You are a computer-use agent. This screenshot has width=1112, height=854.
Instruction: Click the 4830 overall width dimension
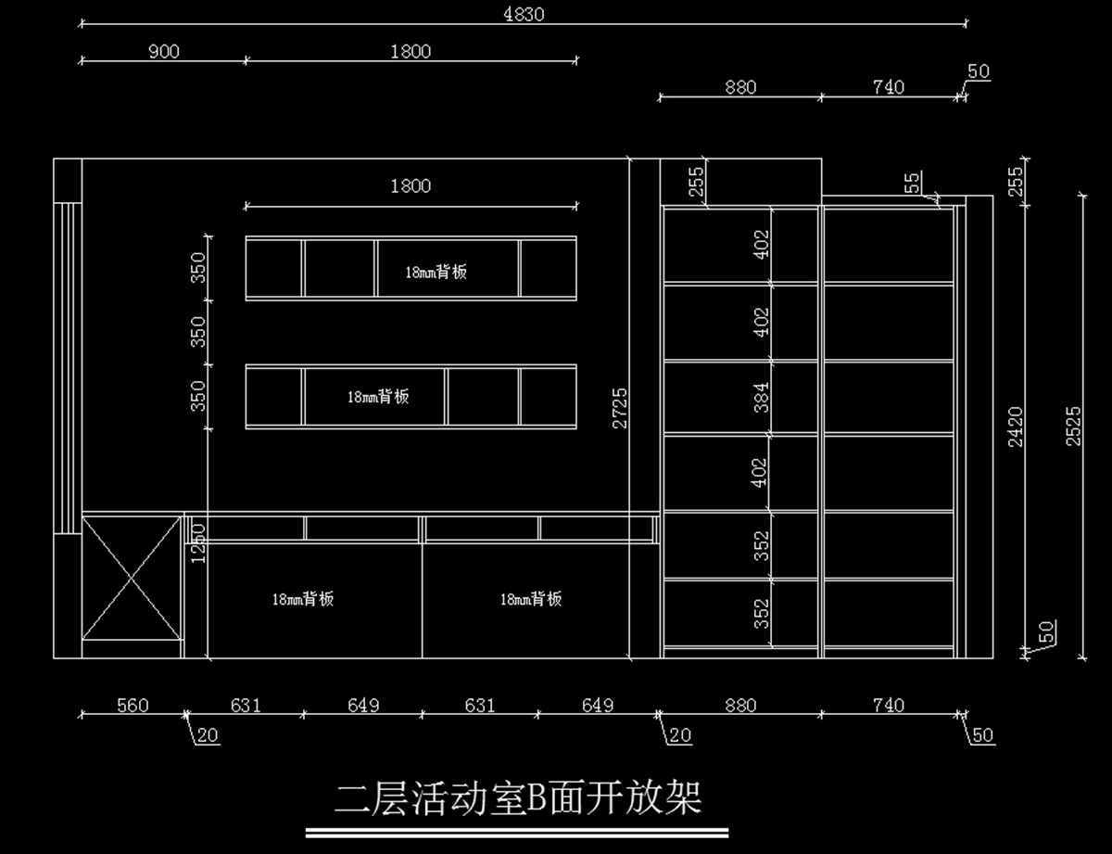(523, 14)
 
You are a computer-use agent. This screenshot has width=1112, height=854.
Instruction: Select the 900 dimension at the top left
(163, 51)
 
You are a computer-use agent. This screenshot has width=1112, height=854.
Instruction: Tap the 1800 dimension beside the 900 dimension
(411, 51)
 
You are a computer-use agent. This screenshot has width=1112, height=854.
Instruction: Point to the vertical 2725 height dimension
(620, 407)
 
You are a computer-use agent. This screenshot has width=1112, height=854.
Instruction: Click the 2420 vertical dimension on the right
(1015, 427)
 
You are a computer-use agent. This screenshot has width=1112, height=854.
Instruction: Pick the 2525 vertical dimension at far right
(1073, 427)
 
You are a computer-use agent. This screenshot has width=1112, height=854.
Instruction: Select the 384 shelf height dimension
(762, 397)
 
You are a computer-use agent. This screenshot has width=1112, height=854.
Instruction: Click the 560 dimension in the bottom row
(133, 706)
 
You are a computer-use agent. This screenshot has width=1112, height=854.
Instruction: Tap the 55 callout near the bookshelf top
(913, 183)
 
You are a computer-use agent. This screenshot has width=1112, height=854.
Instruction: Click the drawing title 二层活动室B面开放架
(518, 797)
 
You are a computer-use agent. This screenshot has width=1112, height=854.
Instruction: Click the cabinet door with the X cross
(132, 579)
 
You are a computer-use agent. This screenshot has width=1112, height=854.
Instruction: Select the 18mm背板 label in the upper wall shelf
(436, 272)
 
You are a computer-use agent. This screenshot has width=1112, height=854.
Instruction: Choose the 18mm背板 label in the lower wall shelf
(378, 397)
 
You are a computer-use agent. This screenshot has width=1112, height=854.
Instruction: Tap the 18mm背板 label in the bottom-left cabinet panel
(302, 599)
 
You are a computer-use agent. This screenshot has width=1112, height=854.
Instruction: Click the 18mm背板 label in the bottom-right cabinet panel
(531, 599)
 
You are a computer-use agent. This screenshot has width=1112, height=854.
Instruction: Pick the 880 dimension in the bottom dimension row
(740, 706)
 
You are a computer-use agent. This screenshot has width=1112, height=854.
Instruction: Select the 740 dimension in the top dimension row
(888, 87)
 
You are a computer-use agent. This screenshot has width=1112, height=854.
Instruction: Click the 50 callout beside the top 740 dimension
(978, 71)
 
